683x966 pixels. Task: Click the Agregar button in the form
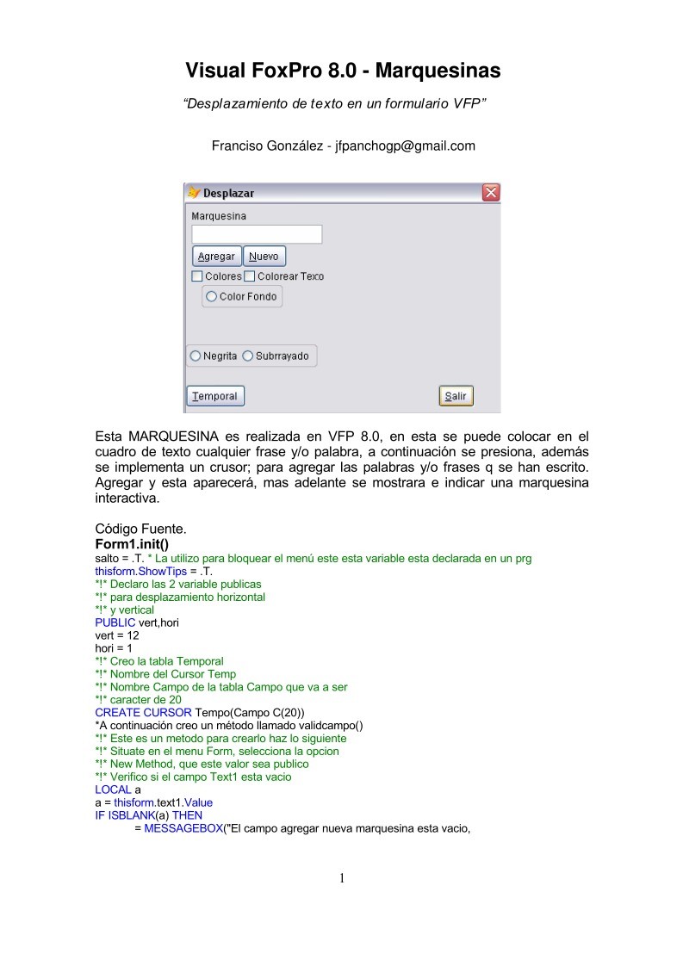[216, 257]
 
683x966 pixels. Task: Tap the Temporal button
[215, 396]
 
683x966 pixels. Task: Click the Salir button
[456, 396]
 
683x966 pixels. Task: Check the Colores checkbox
[197, 276]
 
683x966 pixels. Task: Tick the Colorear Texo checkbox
[250, 276]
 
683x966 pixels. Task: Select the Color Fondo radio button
[212, 297]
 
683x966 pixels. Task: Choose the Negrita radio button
[196, 356]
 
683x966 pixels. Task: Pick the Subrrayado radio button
[248, 356]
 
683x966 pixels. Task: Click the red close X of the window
[490, 193]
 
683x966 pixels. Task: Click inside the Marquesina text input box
[257, 234]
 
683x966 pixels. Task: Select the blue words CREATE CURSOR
[143, 713]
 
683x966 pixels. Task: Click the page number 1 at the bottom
[342, 879]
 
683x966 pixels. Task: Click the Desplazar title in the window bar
[228, 193]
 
